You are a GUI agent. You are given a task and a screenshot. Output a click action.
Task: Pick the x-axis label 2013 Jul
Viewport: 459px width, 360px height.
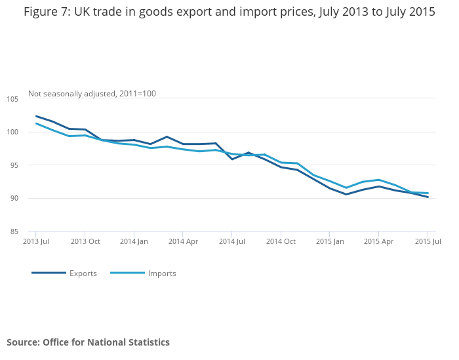(x=36, y=241)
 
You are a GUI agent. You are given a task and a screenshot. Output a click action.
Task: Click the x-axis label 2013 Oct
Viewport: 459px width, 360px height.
(x=85, y=241)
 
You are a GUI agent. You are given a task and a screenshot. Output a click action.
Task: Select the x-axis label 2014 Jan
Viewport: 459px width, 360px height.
(x=134, y=241)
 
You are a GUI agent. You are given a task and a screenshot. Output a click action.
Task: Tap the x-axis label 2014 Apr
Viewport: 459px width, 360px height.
(x=183, y=241)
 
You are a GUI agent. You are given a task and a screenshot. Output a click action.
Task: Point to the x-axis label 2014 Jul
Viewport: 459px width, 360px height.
(x=231, y=241)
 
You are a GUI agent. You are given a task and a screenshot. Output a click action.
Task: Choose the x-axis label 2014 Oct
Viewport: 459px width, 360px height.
(x=281, y=241)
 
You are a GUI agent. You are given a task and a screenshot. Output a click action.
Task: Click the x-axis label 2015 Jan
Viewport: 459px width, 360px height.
(x=330, y=241)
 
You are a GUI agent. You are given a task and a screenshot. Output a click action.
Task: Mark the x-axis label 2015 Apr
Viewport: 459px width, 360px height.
(x=378, y=241)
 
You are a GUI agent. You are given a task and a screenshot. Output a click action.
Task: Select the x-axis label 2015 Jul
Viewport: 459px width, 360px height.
(x=428, y=241)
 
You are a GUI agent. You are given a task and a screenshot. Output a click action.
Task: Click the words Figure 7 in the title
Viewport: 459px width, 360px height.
(x=47, y=12)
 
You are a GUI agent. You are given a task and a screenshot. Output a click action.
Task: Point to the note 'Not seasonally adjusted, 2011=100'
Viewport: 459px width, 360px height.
(x=92, y=94)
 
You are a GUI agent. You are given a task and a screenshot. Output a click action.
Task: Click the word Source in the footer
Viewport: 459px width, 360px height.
(x=22, y=342)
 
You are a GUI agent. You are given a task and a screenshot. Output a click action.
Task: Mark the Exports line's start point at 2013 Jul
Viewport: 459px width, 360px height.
(x=36, y=116)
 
